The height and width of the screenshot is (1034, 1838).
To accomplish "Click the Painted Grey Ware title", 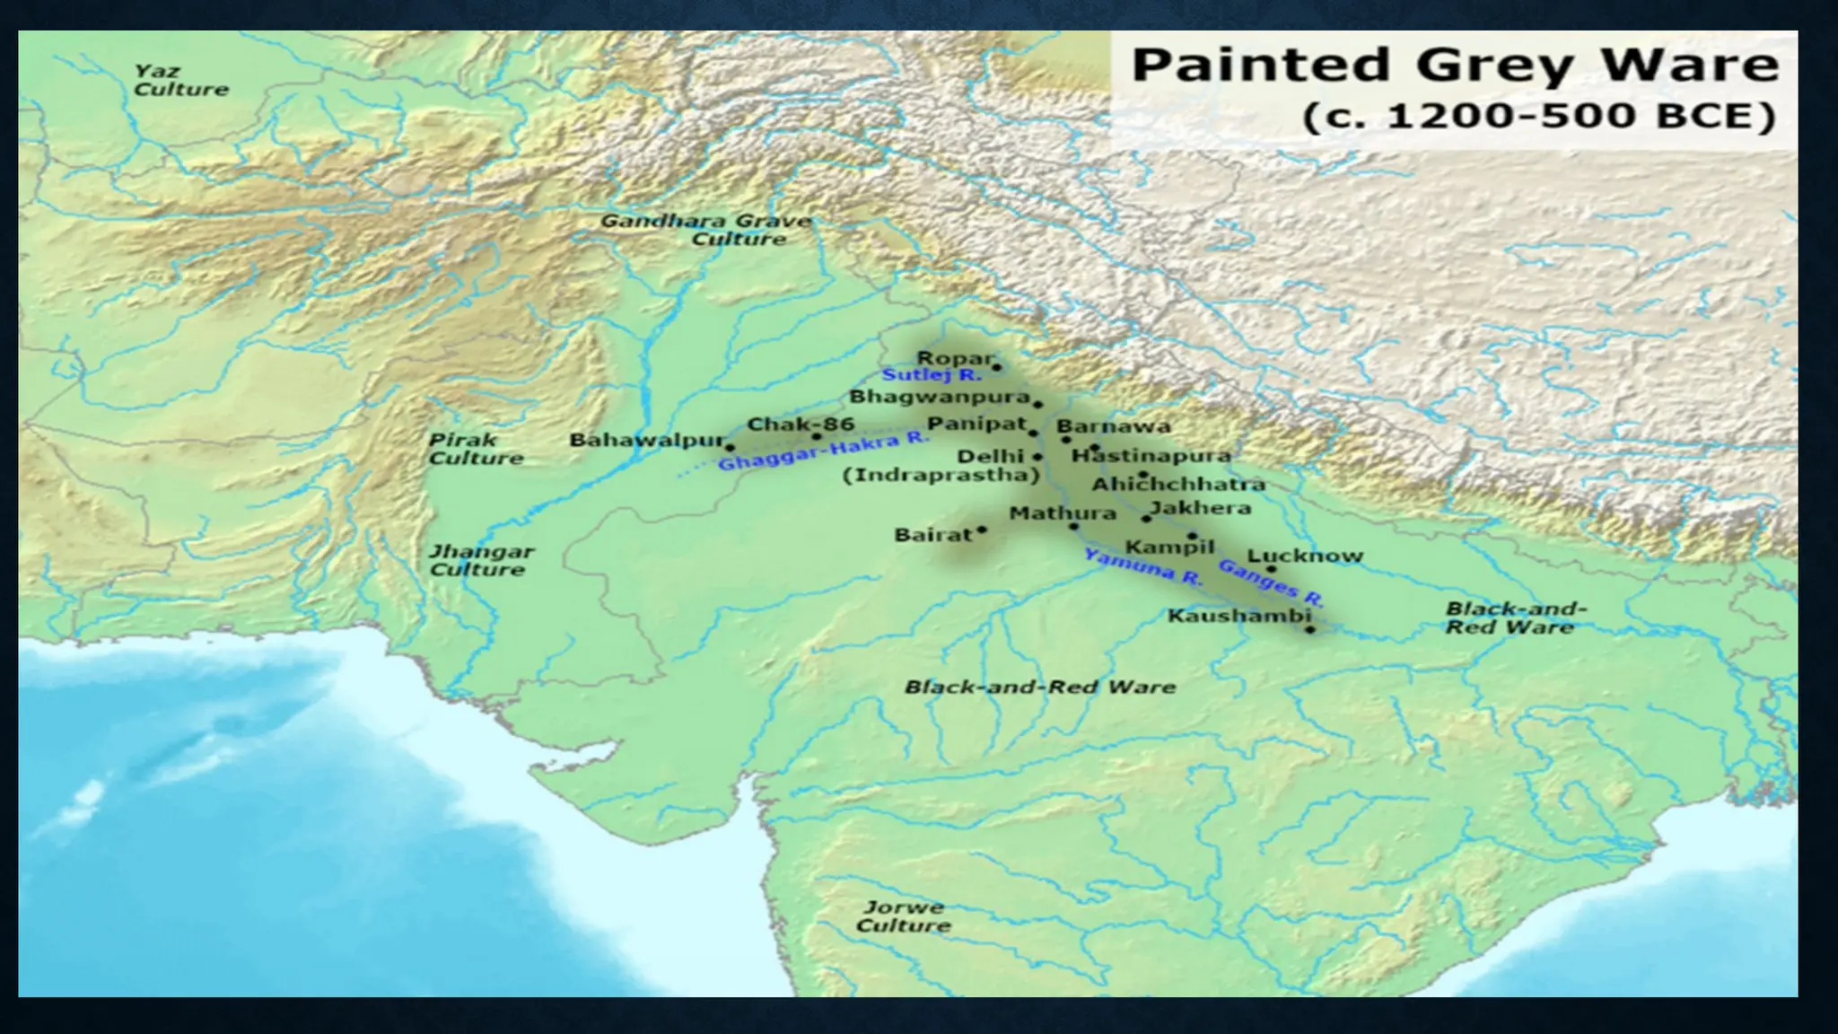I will point(1454,66).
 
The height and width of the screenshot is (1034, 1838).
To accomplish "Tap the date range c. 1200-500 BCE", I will point(1539,118).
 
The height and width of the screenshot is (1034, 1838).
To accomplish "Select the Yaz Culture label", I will point(180,80).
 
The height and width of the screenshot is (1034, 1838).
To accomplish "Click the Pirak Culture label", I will point(475,449).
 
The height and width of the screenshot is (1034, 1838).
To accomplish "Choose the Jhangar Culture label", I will point(480,560).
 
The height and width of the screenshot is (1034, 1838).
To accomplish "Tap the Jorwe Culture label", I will point(903,916).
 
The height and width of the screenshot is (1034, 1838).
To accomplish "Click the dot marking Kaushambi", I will point(1309,630).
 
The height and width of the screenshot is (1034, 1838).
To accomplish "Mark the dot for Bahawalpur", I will point(730,447).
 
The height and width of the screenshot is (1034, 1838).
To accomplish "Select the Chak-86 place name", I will point(800,424).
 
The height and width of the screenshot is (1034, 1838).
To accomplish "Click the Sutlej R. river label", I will point(931,375).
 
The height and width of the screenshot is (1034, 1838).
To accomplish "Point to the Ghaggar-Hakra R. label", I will point(822,451).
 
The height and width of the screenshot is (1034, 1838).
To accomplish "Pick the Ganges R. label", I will point(1270,583).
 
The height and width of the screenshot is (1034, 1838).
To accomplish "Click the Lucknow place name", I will point(1305,556).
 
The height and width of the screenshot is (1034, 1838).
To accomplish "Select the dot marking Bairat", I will point(982,530).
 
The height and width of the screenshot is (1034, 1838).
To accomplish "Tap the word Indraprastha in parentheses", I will point(940,475).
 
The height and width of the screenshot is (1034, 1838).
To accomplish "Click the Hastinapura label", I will point(1151,456).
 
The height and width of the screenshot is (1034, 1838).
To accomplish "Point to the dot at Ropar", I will point(996,367).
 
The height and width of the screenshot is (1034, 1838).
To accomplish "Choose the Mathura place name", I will point(1063,513).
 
